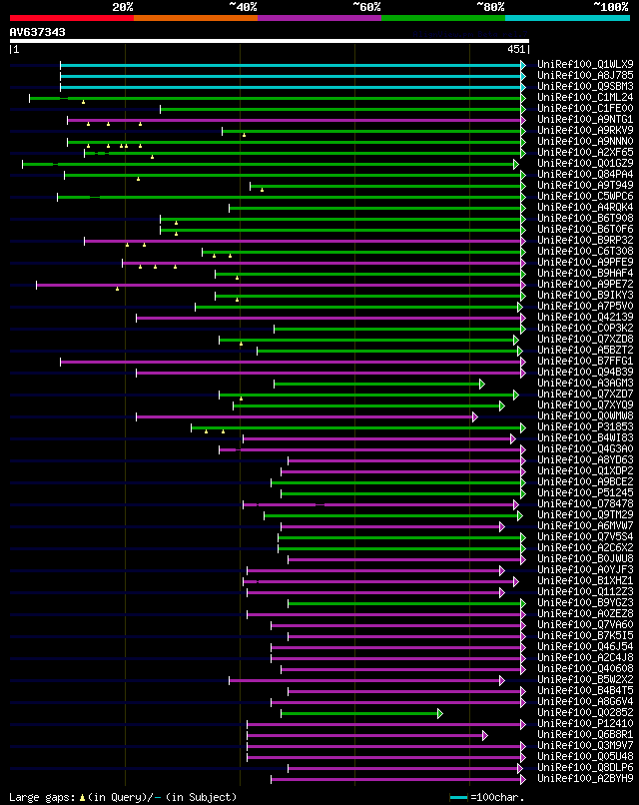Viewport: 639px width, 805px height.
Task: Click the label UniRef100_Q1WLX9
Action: pyautogui.click(x=571, y=64)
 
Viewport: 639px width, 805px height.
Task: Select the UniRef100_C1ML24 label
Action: pyautogui.click(x=571, y=97)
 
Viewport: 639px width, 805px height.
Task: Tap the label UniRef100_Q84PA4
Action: pyautogui.click(x=571, y=174)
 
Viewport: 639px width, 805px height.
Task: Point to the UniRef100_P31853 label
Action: pyautogui.click(x=571, y=426)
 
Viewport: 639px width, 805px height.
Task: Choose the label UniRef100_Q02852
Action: pyautogui.click(x=571, y=712)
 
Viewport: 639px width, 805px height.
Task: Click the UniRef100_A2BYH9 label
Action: pyautogui.click(x=571, y=778)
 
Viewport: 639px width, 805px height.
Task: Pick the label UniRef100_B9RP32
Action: pyautogui.click(x=571, y=240)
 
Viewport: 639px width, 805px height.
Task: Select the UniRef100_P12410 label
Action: pyautogui.click(x=571, y=723)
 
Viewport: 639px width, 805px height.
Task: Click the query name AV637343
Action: pyautogui.click(x=38, y=33)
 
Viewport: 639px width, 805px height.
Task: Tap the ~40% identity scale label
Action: pyautogui.click(x=243, y=7)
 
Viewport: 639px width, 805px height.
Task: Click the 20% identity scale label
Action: pyautogui.click(x=123, y=7)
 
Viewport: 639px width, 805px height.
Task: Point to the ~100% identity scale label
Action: pyautogui.click(x=610, y=7)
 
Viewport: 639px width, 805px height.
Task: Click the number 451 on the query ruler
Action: pyautogui.click(x=516, y=49)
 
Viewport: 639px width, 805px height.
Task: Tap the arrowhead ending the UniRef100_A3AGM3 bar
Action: pyautogui.click(x=481, y=384)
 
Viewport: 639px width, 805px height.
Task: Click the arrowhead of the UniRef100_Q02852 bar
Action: pyautogui.click(x=439, y=713)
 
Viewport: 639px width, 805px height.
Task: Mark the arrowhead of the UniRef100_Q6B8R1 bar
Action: pyautogui.click(x=484, y=735)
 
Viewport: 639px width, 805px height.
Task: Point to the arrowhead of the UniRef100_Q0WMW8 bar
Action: pyautogui.click(x=475, y=416)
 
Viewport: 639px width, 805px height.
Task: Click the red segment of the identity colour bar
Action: pyautogui.click(x=71, y=17)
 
